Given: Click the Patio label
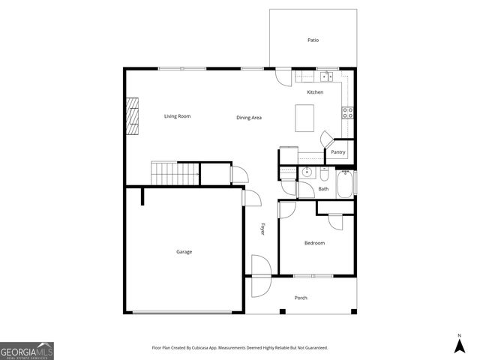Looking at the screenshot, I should coord(313,40).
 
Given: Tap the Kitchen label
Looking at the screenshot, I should coord(315,92).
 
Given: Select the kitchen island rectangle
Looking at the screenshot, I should coord(304,118).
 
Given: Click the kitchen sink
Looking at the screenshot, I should coord(326,76).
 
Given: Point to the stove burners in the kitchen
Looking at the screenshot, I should coord(348,113).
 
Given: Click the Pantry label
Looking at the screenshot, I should coord(338,152).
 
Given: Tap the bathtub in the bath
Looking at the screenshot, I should coord(345,184).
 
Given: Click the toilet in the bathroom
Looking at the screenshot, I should coord(325,173).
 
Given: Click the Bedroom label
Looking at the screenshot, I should coord(314,243).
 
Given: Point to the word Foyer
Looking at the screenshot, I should coord(262,229).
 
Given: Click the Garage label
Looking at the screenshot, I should coord(184,252).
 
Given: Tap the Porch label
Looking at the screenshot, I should coord(301,298).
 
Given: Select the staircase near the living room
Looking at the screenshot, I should coord(175,173).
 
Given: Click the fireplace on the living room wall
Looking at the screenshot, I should coord(133,116).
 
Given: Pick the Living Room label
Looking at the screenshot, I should coord(178,116).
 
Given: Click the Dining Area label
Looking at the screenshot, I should coord(248,118).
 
